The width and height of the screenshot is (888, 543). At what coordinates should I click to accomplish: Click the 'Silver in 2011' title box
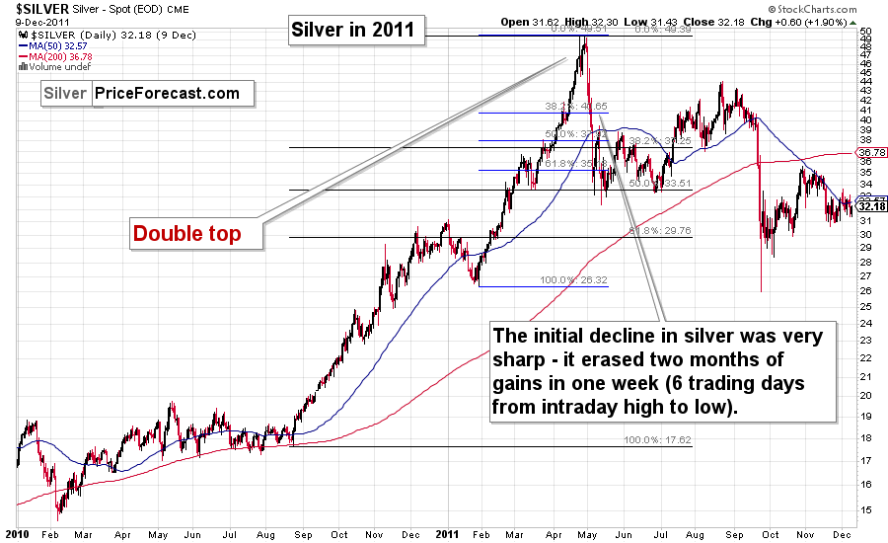tap(356, 31)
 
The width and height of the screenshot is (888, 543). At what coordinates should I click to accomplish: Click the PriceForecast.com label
tap(167, 94)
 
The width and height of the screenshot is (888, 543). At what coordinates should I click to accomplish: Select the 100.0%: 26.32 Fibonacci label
tap(573, 280)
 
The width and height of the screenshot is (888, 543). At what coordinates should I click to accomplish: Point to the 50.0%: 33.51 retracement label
tap(659, 184)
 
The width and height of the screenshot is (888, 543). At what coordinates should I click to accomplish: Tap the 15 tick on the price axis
tap(865, 509)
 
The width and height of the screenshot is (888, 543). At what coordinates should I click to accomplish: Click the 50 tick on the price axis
tap(865, 31)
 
